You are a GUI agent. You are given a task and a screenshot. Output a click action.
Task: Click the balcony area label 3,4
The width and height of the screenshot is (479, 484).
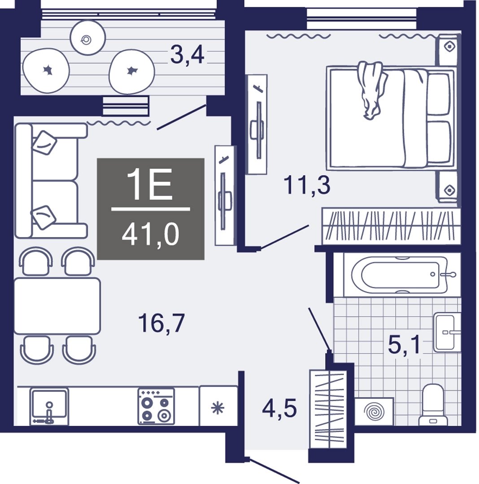pyautogui.click(x=187, y=56)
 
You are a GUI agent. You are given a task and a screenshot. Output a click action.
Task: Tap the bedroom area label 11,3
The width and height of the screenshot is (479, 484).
pyautogui.click(x=307, y=185)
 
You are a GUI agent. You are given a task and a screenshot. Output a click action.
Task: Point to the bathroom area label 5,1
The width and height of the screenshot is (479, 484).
pyautogui.click(x=404, y=345)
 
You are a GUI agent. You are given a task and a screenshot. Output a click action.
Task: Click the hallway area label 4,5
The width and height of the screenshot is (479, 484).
pyautogui.click(x=279, y=408)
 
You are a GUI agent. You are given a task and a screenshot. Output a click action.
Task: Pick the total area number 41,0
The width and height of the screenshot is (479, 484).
pyautogui.click(x=150, y=235)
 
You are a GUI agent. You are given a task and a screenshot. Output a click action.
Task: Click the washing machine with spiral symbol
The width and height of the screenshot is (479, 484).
pyautogui.click(x=374, y=412)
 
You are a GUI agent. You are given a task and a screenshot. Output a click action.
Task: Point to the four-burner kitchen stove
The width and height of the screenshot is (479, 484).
pyautogui.click(x=156, y=406)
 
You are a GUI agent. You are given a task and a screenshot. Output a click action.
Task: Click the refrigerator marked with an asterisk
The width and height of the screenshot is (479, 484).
pyautogui.click(x=218, y=406)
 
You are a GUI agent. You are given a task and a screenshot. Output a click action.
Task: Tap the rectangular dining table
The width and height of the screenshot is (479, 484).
pyautogui.click(x=57, y=306)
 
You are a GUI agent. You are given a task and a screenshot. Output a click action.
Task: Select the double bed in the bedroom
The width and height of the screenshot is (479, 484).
pyautogui.click(x=391, y=117)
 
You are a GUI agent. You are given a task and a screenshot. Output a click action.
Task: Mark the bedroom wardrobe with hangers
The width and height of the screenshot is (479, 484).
pyautogui.click(x=391, y=226)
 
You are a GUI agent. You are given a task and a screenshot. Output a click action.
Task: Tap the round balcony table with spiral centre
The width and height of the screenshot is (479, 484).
pyautogui.click(x=88, y=38)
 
